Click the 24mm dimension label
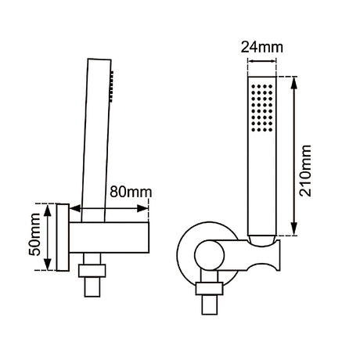pyautogui.click(x=261, y=48)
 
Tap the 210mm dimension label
pyautogui.click(x=305, y=171)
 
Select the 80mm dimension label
pyautogui.click(x=131, y=192)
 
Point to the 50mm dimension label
pyautogui.click(x=34, y=235)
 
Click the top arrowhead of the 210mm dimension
pyautogui.click(x=294, y=84)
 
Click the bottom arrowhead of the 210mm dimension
pyautogui.click(x=294, y=229)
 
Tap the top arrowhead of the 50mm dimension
pyautogui.click(x=47, y=211)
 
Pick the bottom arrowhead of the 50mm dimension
pyautogui.click(x=47, y=264)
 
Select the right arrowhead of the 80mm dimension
pyautogui.click(x=142, y=208)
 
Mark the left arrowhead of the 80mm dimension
pyautogui.click(x=75, y=208)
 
